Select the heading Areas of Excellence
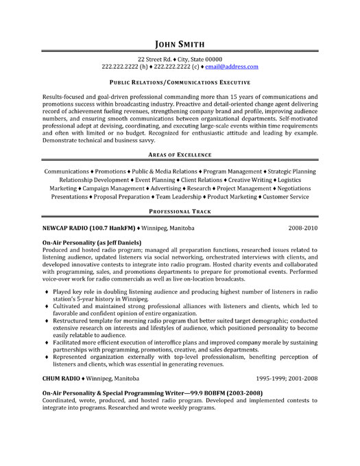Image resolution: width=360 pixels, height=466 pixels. click(180, 154)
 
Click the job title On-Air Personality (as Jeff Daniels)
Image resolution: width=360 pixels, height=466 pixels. click(92, 242)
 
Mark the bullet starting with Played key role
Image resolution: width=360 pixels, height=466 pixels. click(47, 292)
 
